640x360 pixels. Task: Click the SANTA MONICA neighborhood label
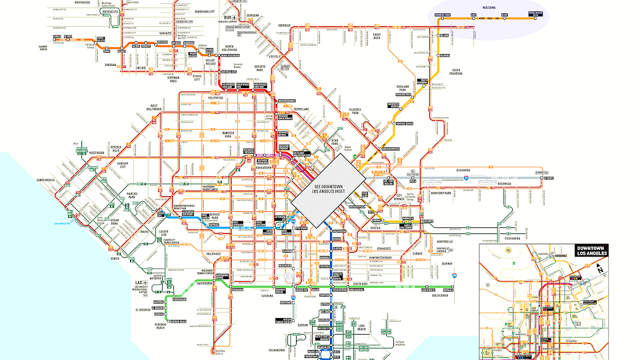coord(46,179)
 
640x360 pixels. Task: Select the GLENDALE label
coord(284,24)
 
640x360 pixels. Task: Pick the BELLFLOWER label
coord(441,295)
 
